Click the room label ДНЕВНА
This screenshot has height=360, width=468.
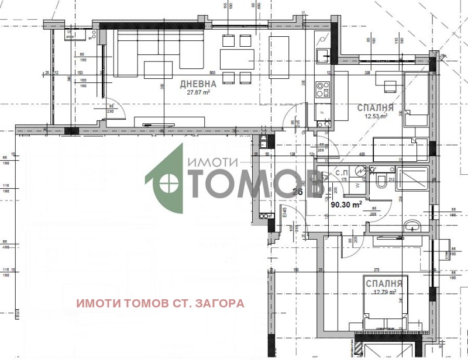click(194, 84)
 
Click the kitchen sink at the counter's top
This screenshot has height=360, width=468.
click(322, 56)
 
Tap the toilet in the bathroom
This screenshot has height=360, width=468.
click(380, 182)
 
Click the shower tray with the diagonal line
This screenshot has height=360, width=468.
click(414, 178)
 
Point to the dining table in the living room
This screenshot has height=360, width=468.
click(237, 59)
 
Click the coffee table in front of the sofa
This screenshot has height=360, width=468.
click(159, 70)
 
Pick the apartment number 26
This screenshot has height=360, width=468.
click(297, 192)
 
